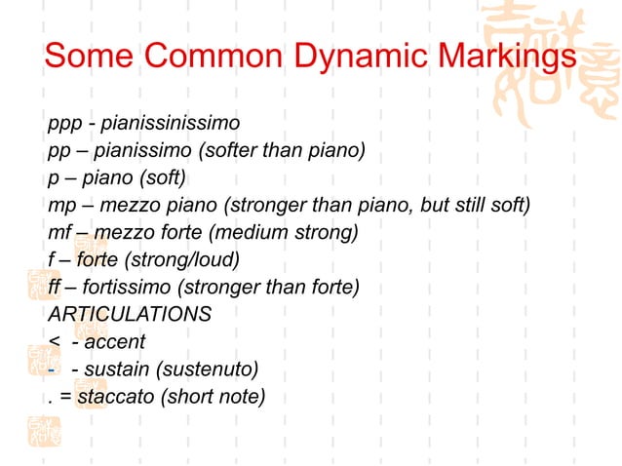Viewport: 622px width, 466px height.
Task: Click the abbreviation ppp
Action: (x=62, y=124)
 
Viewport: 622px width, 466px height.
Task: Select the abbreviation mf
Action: (x=58, y=233)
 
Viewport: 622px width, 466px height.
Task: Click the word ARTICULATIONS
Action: (x=129, y=315)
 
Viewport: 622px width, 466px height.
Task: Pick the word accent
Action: (x=115, y=342)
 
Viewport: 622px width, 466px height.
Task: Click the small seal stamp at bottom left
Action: (x=44, y=432)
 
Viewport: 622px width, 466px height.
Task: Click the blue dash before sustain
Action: (x=50, y=369)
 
